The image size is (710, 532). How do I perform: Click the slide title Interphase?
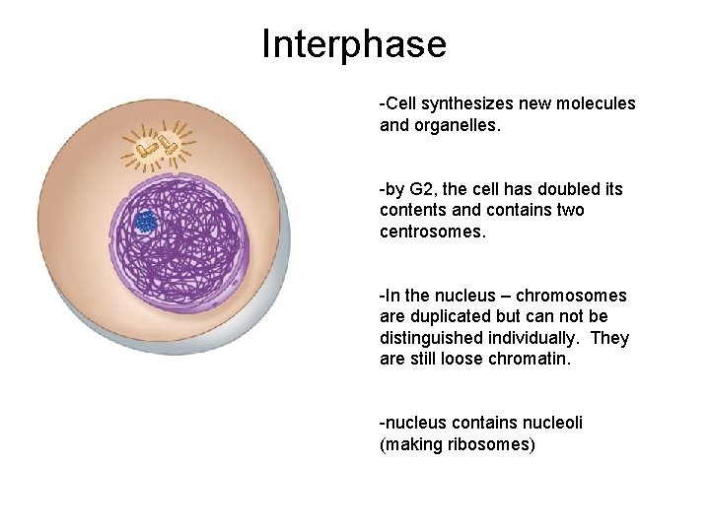coord(354,43)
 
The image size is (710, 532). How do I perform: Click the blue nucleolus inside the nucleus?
coord(146,222)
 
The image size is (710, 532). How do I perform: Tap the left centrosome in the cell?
coord(148,150)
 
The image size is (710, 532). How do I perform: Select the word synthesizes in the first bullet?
coord(463,103)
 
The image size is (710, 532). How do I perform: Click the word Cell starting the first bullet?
coord(402,103)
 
